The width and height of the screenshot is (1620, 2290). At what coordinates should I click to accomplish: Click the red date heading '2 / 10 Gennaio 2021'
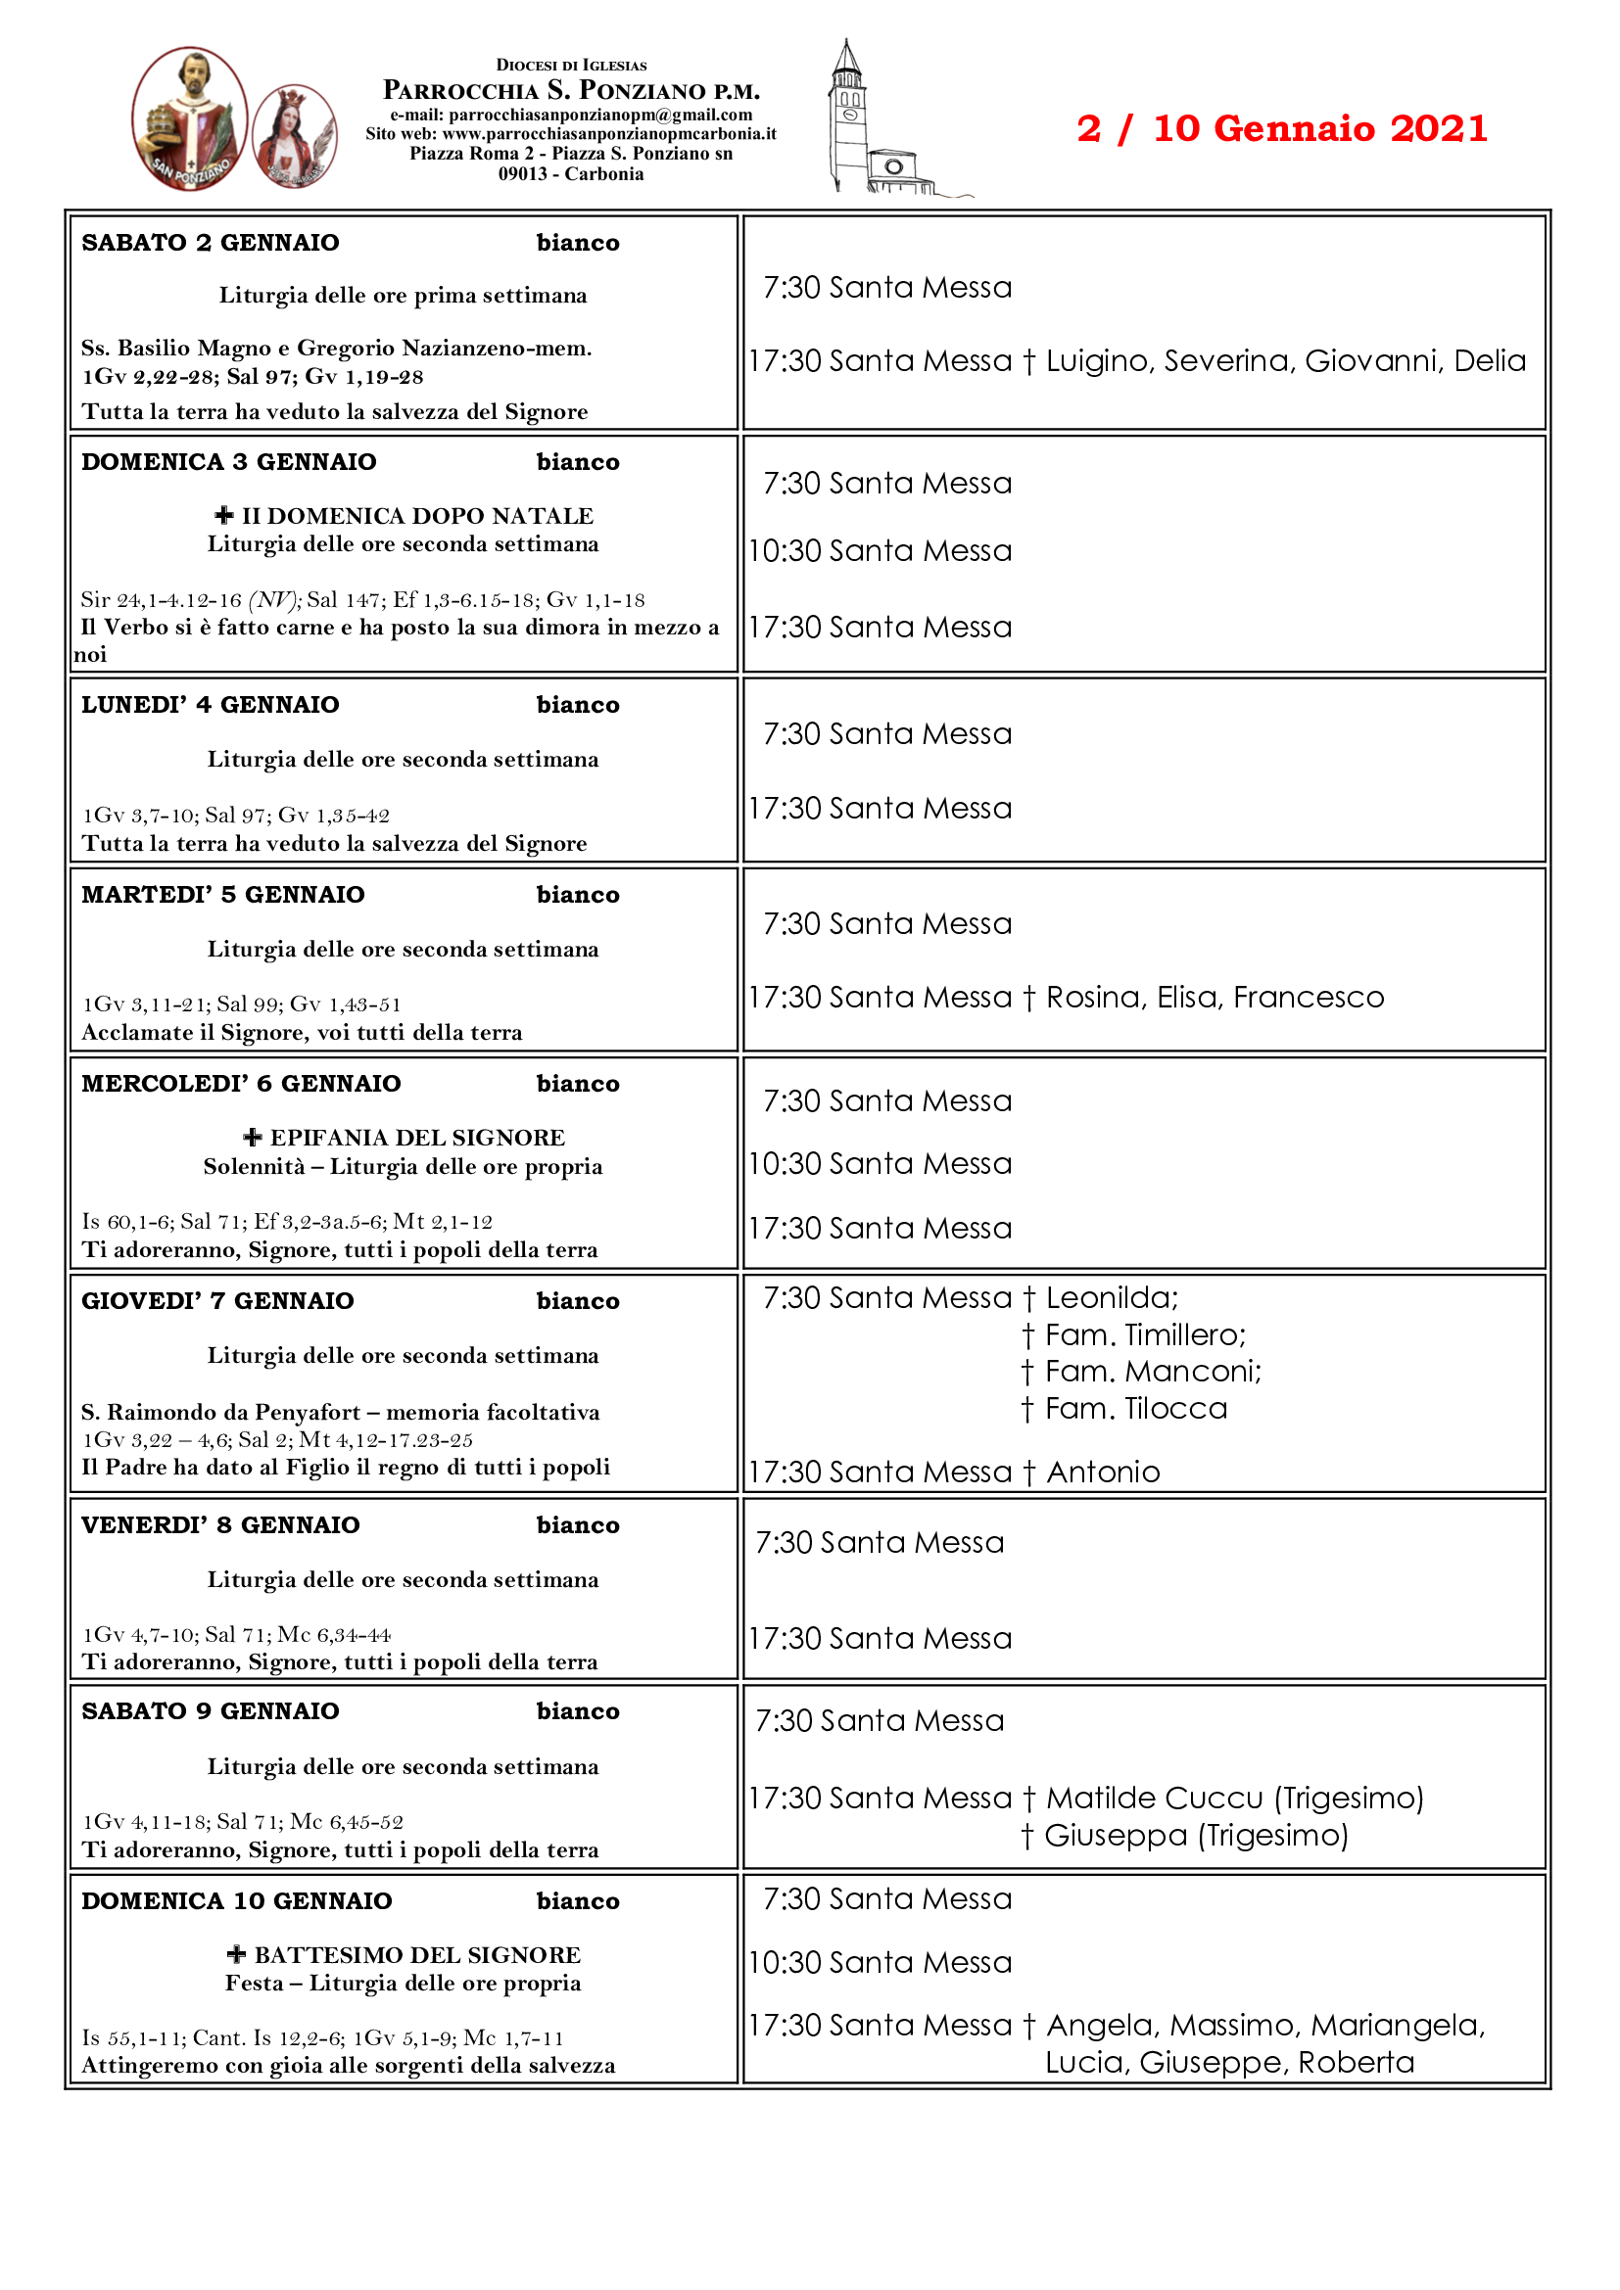(1281, 128)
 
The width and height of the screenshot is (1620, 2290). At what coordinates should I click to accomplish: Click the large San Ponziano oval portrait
(190, 118)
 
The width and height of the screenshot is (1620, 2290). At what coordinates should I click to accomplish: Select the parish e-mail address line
(571, 116)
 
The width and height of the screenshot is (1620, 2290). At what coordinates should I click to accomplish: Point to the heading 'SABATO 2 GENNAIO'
(211, 243)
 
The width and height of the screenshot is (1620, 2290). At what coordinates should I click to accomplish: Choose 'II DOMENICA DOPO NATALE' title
(417, 516)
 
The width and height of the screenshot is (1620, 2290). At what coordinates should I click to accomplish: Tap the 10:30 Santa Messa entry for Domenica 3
(881, 550)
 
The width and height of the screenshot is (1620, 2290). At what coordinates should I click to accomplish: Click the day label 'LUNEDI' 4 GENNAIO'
(211, 705)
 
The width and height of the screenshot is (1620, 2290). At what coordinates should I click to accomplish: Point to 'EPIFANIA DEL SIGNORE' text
(417, 1138)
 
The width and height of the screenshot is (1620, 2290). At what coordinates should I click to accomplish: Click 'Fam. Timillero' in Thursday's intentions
(1144, 1335)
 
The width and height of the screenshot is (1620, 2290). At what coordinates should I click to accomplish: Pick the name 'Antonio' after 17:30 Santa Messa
(1102, 1472)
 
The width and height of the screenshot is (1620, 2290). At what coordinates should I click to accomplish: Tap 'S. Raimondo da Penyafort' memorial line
(220, 1413)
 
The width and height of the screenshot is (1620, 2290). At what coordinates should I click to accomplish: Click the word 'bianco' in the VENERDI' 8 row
(578, 1525)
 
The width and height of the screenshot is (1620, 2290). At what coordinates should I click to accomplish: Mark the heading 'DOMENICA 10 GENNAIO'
(237, 1901)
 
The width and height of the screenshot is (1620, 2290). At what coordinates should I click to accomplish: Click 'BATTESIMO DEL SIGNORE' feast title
(417, 1955)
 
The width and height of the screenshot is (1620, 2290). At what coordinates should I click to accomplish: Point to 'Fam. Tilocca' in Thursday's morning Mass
(1135, 1409)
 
